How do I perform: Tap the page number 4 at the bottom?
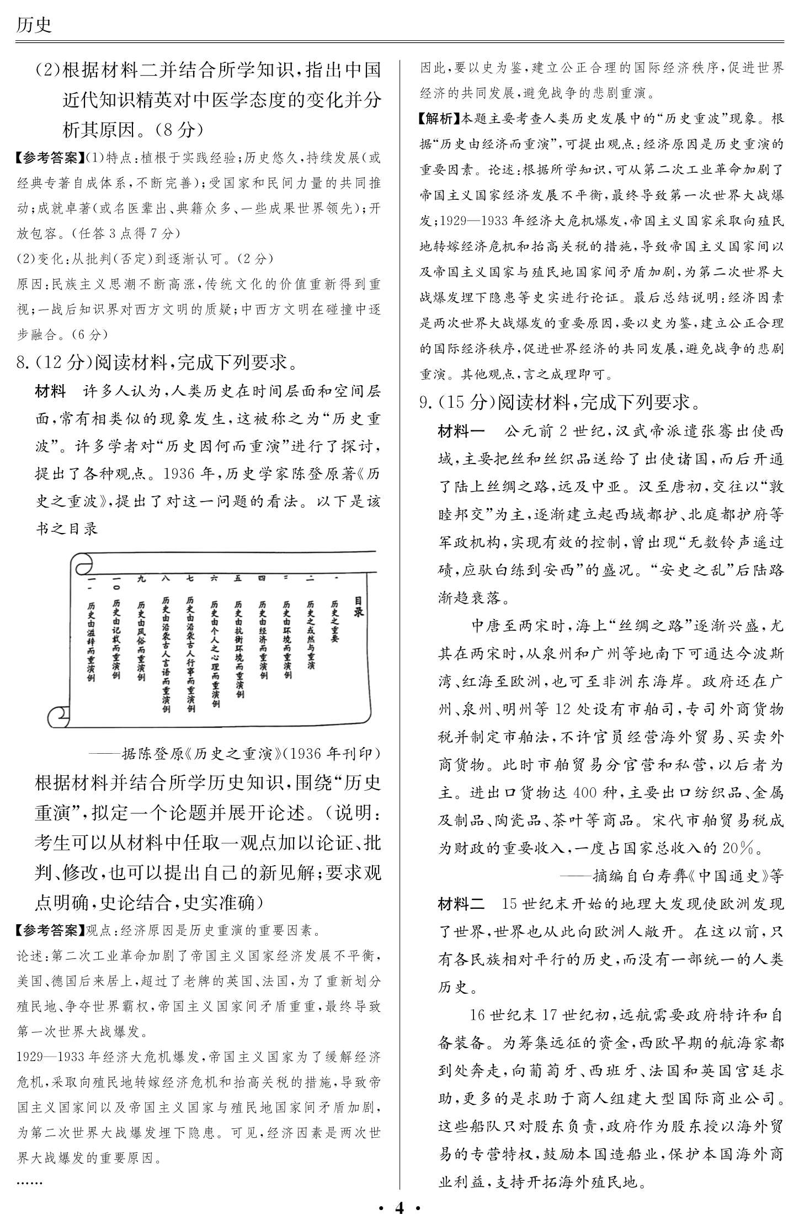coord(399,1208)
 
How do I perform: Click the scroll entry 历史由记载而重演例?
coord(116,640)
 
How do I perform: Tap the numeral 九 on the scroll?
coord(141,579)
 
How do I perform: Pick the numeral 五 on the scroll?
coord(238,578)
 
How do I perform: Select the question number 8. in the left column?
coord(24,363)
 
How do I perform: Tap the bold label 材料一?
coord(461,431)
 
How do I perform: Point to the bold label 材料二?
coord(461,903)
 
